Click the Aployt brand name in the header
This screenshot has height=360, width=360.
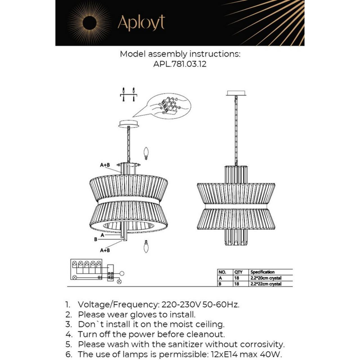pos(141,23)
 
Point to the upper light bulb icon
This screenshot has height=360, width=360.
pos(146,154)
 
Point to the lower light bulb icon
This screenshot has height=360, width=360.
pos(146,247)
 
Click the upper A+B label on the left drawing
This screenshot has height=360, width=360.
pos(105,165)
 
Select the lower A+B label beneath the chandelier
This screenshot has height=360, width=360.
pos(105,250)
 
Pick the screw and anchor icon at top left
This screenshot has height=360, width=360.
pos(128,94)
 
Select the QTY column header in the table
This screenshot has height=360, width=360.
pos(239,272)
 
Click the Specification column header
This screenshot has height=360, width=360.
pos(262,272)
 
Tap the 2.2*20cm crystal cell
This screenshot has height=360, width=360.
pos(266,278)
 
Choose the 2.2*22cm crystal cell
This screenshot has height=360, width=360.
pos(266,284)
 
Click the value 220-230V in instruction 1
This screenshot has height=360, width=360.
pos(176,304)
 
